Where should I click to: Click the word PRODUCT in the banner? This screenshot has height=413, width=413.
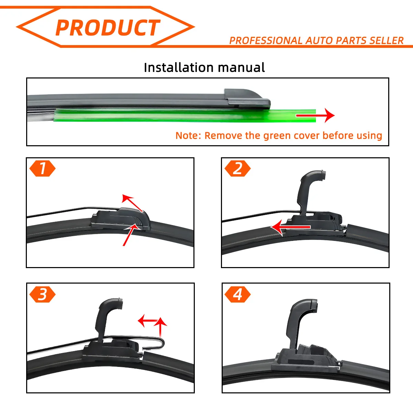(108, 28)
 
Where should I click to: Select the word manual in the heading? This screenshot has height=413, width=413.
(241, 67)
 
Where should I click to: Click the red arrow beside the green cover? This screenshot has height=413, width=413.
(315, 116)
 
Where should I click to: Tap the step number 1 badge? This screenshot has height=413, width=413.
(42, 168)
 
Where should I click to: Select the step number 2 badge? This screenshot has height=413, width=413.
(237, 168)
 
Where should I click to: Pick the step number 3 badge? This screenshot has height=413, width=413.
(42, 294)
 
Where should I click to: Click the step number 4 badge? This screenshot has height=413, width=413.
(237, 294)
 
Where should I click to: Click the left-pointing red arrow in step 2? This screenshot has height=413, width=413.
(290, 227)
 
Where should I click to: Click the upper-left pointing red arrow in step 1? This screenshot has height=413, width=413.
(132, 203)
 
